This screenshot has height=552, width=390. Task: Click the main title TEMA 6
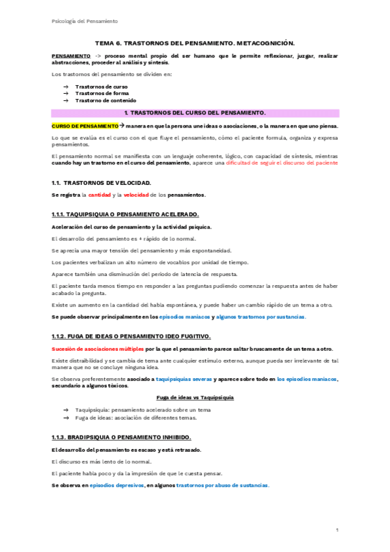coord(195,43)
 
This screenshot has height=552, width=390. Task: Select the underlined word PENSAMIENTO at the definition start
coord(71,57)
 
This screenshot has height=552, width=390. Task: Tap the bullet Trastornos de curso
coord(101,87)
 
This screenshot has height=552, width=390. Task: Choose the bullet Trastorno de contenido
coord(105,101)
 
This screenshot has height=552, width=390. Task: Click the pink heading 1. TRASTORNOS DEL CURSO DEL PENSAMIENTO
coord(195,113)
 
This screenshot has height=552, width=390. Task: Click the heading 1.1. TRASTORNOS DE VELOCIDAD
coord(101,183)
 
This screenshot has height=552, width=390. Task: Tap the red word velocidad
coord(134,195)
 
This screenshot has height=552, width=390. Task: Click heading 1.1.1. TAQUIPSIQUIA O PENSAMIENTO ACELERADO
coord(125,214)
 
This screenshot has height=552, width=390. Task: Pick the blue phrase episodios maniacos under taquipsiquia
coord(185,316)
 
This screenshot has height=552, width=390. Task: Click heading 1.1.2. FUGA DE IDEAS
coord(130,337)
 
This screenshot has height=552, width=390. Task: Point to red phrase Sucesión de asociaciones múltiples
coord(92,348)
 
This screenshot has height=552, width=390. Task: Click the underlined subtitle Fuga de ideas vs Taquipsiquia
coord(195,397)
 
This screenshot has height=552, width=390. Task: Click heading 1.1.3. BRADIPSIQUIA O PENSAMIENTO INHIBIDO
coord(120,438)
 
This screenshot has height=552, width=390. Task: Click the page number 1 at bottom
coord(337,531)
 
